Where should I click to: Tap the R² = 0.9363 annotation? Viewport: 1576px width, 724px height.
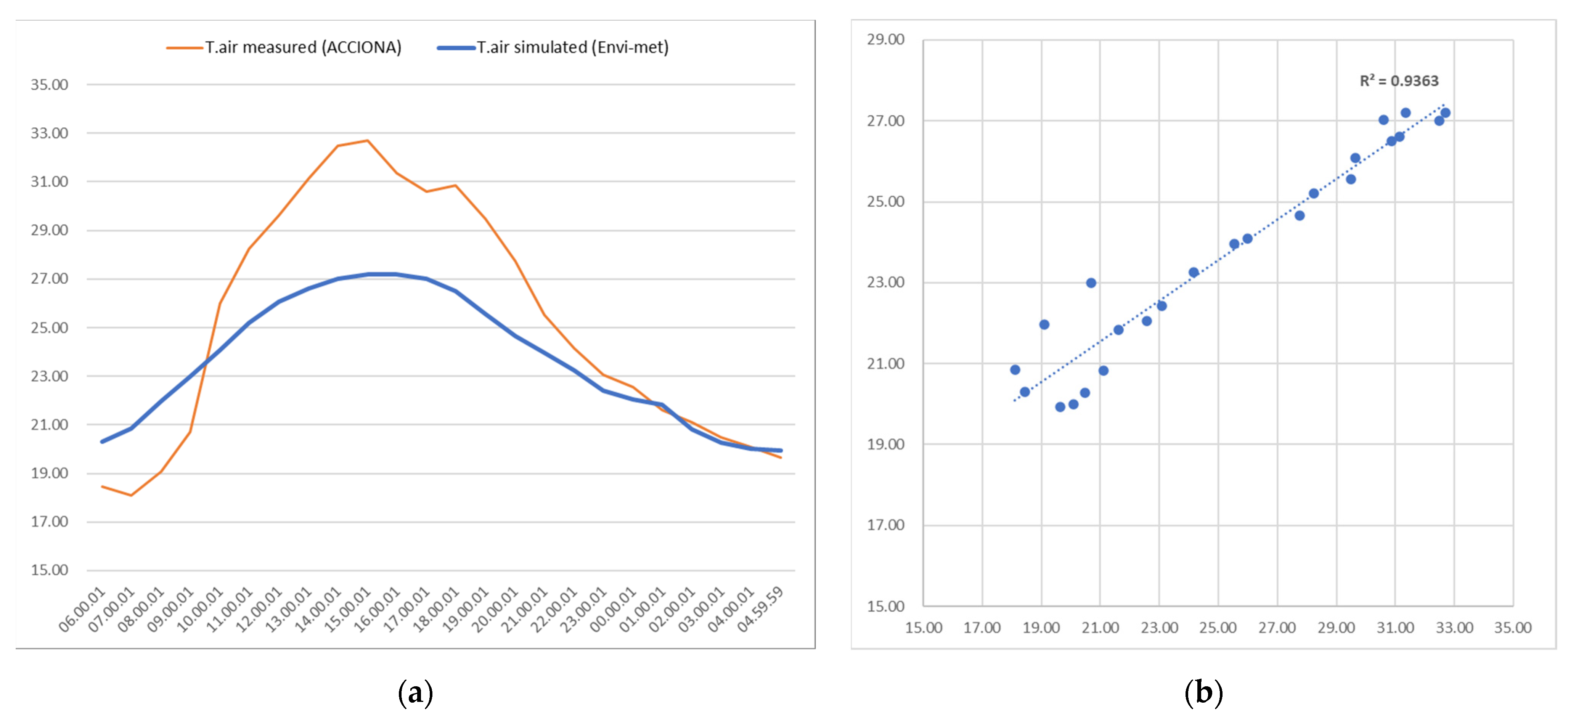[x=1399, y=81]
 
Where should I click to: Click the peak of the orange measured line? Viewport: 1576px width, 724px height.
[x=367, y=141]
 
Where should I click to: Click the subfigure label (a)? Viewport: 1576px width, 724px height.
[x=415, y=692]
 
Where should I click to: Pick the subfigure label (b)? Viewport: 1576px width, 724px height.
[x=1203, y=692]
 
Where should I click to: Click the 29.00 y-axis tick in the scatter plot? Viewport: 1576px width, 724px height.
[x=885, y=40]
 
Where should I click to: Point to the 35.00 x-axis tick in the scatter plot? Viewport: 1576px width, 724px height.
[x=1512, y=628]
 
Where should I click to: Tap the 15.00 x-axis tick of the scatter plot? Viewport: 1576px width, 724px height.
[x=923, y=628]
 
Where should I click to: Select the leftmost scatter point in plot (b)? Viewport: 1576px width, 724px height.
[x=1015, y=370]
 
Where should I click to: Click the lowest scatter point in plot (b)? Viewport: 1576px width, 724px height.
[x=1060, y=407]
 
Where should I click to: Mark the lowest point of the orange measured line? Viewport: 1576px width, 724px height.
[x=131, y=495]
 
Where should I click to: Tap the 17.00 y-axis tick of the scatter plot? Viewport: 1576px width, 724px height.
[x=885, y=525]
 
